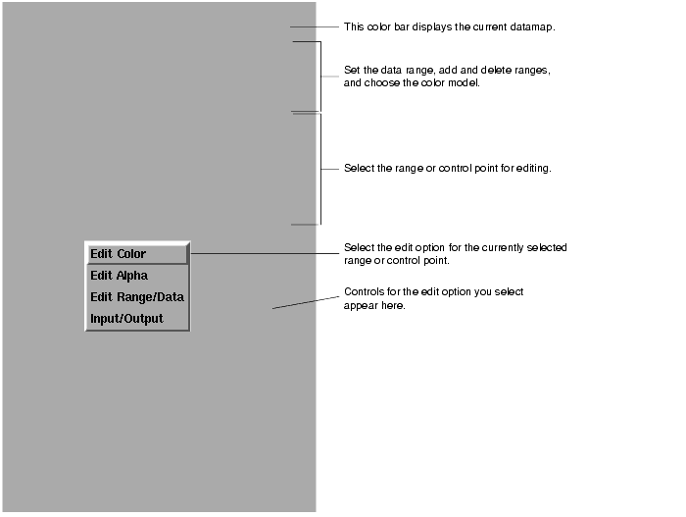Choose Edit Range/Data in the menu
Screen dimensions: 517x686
point(135,297)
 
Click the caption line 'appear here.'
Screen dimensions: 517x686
point(374,306)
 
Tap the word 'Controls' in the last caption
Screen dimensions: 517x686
point(363,292)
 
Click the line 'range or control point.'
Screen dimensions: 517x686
point(396,260)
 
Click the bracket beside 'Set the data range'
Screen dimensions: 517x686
point(319,77)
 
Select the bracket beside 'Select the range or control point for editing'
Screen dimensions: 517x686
point(319,168)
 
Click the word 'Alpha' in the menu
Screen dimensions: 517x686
point(131,276)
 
